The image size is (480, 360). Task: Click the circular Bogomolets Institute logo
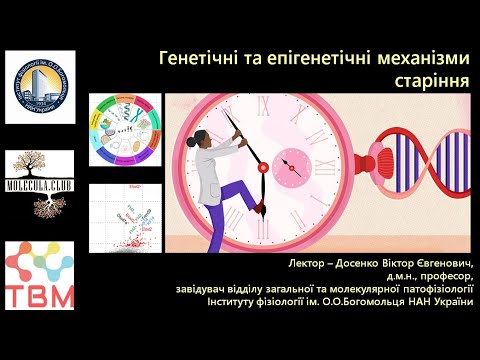pos(40,86)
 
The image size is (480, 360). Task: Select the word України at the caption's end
pos(446,303)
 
